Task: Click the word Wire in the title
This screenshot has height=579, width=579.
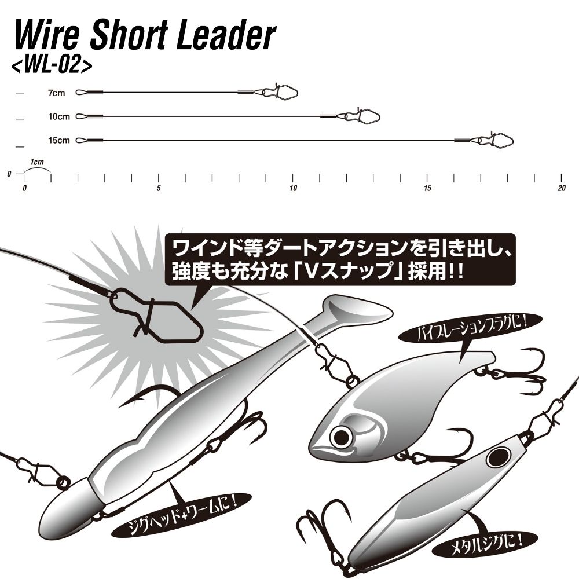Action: click(x=46, y=35)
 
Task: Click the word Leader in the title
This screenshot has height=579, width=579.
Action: click(x=226, y=35)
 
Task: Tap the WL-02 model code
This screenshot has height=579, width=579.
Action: click(x=52, y=65)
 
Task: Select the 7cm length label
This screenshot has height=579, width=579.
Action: click(x=57, y=93)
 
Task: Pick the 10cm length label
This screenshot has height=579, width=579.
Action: click(x=58, y=117)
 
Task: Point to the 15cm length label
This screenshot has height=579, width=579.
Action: click(x=58, y=140)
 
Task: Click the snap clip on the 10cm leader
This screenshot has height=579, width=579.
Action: click(x=362, y=115)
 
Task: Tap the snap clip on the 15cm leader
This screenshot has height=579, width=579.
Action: click(x=496, y=139)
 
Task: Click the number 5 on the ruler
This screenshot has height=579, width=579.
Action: click(x=159, y=188)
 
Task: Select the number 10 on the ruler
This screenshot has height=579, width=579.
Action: click(x=293, y=188)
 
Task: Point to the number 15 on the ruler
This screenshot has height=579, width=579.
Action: click(x=427, y=188)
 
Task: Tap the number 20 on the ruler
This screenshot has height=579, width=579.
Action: click(x=561, y=188)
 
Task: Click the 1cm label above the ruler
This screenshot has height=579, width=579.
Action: click(x=37, y=162)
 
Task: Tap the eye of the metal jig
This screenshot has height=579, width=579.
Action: click(x=499, y=458)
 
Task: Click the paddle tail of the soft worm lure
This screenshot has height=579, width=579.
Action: click(x=354, y=309)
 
